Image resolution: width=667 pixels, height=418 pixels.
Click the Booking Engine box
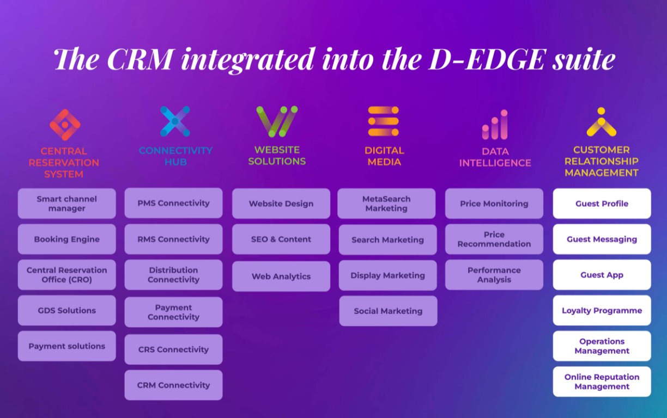point(66,239)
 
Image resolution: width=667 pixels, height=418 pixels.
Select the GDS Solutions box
point(66,310)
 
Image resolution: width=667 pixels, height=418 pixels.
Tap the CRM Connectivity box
point(174,385)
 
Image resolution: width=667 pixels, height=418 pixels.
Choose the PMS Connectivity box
point(174,203)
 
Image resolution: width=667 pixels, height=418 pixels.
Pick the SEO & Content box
point(281,239)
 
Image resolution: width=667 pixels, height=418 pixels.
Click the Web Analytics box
point(281,276)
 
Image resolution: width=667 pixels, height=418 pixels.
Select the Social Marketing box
point(389,311)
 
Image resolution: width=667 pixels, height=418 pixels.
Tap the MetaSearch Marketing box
point(386,204)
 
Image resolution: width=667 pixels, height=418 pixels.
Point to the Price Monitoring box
point(494,204)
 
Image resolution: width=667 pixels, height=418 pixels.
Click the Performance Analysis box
point(494,275)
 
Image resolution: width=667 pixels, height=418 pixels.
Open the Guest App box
point(602,275)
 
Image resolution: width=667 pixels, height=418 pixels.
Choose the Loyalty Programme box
point(602,310)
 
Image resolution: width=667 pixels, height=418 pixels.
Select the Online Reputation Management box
point(602,382)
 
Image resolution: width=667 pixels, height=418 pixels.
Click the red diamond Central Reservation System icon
point(65,125)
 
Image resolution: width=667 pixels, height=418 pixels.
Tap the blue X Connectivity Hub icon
point(175,121)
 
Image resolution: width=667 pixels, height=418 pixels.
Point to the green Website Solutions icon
point(277,121)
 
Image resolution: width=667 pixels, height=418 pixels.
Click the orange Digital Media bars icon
point(383,121)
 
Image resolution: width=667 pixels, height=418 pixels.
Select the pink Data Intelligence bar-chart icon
point(495,125)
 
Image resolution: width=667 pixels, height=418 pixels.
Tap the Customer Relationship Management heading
point(602,161)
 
